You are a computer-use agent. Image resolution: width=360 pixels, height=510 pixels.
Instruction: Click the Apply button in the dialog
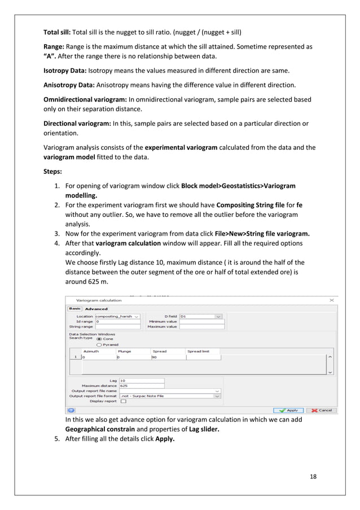click(x=288, y=411)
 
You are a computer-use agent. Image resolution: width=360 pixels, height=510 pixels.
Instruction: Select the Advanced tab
click(x=96, y=308)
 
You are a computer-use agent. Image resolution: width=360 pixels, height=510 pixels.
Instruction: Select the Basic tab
click(x=74, y=308)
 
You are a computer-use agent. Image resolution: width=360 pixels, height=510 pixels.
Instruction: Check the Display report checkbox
click(x=123, y=401)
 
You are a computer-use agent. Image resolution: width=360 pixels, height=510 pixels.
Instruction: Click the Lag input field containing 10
click(x=141, y=380)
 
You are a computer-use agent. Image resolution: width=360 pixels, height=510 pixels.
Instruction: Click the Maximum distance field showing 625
click(x=141, y=386)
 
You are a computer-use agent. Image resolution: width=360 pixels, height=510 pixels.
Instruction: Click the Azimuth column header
click(x=91, y=351)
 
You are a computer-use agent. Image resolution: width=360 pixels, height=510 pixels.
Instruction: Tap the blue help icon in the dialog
click(x=72, y=411)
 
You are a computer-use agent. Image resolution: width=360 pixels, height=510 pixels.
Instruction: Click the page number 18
click(x=313, y=477)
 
